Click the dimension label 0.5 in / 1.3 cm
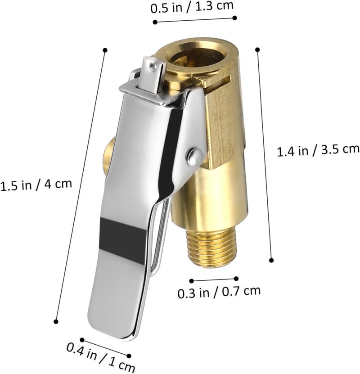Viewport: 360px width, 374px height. coord(192,7)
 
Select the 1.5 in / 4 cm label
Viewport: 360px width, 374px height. coord(36,185)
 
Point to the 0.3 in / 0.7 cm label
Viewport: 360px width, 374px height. coord(219,292)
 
